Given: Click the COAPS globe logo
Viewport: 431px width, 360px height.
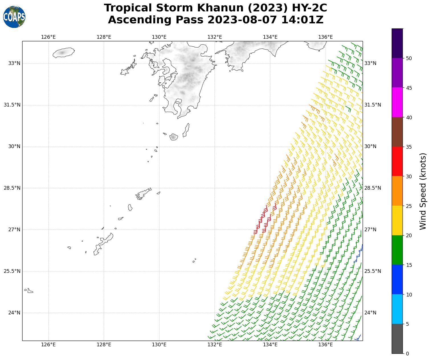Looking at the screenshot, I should coord(14,17).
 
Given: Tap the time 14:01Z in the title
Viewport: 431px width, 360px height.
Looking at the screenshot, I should coord(302,20).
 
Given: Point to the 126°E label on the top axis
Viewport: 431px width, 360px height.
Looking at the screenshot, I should coord(48,37).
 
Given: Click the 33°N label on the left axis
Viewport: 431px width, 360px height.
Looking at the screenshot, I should coord(14,63).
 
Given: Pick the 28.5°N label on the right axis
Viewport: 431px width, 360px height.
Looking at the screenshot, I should coord(373,188).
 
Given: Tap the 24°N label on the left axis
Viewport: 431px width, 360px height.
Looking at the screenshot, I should coord(14,313).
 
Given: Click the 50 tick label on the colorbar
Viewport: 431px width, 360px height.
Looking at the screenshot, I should coord(409,58).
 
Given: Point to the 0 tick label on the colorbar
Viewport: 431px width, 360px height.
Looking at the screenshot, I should coord(407,353).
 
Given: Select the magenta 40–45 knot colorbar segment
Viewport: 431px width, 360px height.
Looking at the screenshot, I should coord(397,102).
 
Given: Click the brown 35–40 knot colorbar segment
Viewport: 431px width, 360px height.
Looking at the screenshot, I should coord(397,132).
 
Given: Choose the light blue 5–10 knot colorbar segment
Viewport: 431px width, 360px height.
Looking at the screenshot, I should coord(397,309).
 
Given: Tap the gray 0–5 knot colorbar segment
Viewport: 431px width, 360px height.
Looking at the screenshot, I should coord(397,339).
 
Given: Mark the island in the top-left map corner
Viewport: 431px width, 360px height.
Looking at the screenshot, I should coord(63,52).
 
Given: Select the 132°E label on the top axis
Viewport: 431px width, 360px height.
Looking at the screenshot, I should coord(215,37).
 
